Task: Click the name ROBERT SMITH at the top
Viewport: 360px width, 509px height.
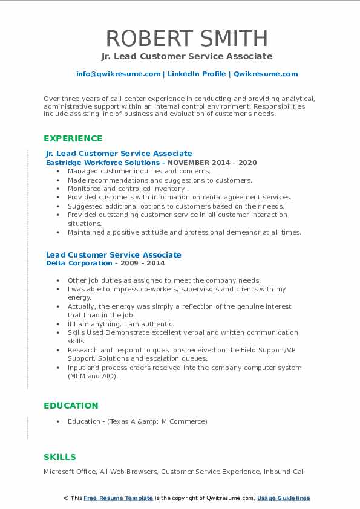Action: pyautogui.click(x=186, y=38)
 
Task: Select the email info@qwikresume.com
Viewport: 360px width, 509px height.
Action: pyautogui.click(x=118, y=74)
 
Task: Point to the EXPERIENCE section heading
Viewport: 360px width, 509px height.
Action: pyautogui.click(x=73, y=138)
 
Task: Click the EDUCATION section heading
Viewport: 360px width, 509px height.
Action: pyautogui.click(x=71, y=406)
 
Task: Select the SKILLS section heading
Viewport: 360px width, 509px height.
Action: pyautogui.click(x=60, y=457)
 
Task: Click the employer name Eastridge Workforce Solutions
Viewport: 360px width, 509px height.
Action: pyautogui.click(x=102, y=163)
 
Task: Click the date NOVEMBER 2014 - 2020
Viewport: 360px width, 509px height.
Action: pyautogui.click(x=212, y=163)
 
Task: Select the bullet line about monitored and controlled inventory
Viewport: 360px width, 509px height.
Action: pyautogui.click(x=128, y=189)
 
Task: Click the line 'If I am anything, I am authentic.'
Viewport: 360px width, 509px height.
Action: pyautogui.click(x=121, y=324)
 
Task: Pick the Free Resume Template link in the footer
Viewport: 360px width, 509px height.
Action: pyautogui.click(x=118, y=498)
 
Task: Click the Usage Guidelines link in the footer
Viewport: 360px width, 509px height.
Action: pyautogui.click(x=283, y=498)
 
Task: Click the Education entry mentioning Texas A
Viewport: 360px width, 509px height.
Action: pyautogui.click(x=137, y=421)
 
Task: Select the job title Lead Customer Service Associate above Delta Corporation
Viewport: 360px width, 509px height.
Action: pyautogui.click(x=113, y=254)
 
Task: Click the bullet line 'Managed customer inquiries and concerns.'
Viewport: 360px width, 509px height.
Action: pyautogui.click(x=139, y=171)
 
